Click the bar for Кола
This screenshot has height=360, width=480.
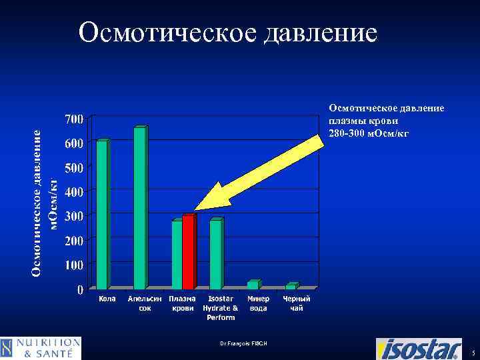(x=102, y=215)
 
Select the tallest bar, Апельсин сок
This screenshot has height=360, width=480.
(x=140, y=207)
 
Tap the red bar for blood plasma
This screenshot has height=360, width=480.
(x=188, y=252)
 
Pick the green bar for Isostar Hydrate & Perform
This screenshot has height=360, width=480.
(x=216, y=254)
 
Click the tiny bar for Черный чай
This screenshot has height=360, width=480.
(x=291, y=286)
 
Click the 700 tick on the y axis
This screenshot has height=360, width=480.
(x=74, y=119)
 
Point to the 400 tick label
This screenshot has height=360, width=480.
(x=74, y=192)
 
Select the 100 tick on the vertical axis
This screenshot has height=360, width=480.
(x=74, y=265)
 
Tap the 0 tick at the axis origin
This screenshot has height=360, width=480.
(x=80, y=290)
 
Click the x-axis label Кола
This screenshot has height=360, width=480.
(x=107, y=299)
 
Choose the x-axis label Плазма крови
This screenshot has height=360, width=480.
(x=182, y=303)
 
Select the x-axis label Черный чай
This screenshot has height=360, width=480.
(x=297, y=303)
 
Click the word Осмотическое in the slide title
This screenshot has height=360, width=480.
(x=167, y=32)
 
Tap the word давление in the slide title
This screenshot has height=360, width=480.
(x=321, y=32)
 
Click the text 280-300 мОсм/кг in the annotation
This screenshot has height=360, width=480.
(x=367, y=133)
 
